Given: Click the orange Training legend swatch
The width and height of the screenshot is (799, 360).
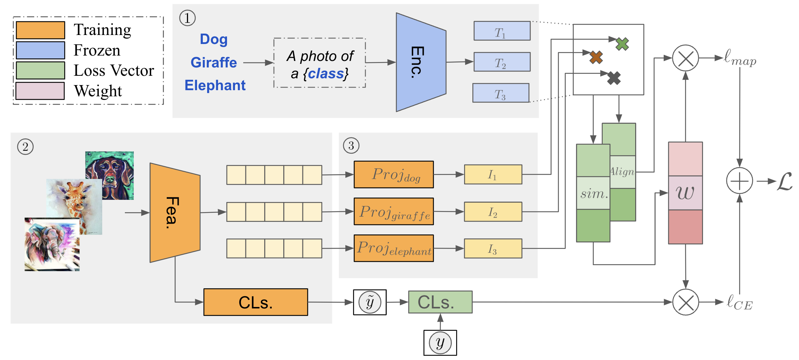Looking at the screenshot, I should point(40,30).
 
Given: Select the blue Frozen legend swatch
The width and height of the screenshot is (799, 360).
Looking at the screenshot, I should point(40,50).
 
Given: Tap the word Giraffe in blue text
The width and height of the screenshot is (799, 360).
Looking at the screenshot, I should point(214,62).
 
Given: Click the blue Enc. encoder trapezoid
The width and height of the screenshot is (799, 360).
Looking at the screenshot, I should point(420,62).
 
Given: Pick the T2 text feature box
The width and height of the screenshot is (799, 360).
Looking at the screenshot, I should point(502,62).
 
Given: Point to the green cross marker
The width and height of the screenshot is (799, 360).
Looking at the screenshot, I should point(622,44).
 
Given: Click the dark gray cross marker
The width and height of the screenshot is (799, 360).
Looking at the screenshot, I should point(614,78).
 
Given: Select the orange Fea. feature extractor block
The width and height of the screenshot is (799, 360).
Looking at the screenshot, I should point(175,212).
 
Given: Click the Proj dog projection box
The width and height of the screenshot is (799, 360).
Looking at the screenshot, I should point(393,175).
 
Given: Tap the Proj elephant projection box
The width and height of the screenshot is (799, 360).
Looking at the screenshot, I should point(393,248).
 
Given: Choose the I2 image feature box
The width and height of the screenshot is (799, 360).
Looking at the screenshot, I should point(493,212).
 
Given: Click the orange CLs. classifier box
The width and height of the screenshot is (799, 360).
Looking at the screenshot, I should point(256,302).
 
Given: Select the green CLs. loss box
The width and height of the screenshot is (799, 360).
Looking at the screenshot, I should point(440,302).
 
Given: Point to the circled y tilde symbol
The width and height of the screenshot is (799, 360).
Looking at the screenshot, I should point(370,302).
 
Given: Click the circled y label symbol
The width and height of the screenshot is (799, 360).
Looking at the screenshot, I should point(440,343).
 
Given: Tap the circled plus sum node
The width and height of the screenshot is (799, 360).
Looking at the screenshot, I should point(739,181).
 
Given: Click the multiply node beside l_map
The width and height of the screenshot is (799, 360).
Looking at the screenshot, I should point(685,58).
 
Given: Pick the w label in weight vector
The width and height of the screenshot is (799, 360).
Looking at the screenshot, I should point(685,193).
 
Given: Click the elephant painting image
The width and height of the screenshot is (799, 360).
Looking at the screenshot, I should point(52,245).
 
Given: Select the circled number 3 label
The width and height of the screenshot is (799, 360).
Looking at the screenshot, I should point(351,146).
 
